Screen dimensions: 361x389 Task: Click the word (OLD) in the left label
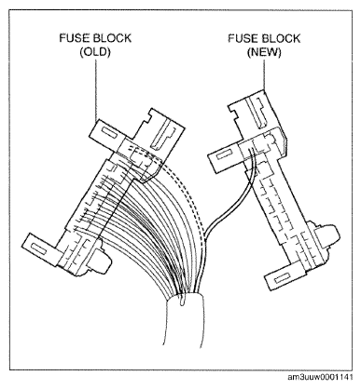[95, 52]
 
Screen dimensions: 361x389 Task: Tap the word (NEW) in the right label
[264, 52]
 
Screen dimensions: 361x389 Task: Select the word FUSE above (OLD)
[75, 38]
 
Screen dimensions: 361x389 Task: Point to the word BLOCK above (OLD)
[112, 38]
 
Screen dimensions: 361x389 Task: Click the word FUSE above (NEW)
[243, 38]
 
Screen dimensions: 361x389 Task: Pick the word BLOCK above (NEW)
[282, 38]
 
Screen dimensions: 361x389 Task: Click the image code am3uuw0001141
[320, 377]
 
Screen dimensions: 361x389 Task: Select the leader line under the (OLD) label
[96, 90]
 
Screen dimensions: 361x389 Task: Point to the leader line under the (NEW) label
[264, 74]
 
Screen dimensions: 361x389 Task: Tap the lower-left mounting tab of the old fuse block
[40, 248]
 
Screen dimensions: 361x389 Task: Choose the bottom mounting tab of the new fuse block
[282, 276]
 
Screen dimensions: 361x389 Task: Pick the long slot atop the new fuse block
[259, 113]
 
